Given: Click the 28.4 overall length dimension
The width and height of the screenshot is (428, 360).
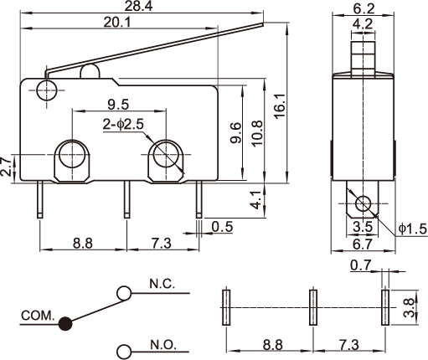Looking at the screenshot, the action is (x=138, y=6).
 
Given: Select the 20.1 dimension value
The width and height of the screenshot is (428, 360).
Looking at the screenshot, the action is (x=117, y=23).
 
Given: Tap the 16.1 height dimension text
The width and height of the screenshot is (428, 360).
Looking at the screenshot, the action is (x=280, y=105).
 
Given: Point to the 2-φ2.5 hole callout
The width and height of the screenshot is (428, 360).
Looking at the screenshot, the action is (x=123, y=125).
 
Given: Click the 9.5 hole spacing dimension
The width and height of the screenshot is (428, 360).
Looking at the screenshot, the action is (x=118, y=105).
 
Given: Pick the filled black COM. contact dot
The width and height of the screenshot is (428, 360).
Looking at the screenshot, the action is (x=65, y=324).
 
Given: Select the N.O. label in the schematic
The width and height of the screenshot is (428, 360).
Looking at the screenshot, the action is (x=163, y=345).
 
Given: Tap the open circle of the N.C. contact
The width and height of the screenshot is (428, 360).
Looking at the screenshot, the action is (x=124, y=293).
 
